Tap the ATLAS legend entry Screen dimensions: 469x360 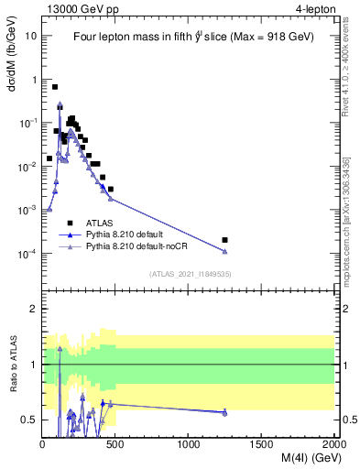[x=101, y=222]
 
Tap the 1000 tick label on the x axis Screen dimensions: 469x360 [x=189, y=444]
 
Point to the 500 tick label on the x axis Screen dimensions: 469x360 [x=115, y=444]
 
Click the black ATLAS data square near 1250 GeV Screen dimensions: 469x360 [x=224, y=240]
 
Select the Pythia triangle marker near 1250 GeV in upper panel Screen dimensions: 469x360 [x=224, y=252]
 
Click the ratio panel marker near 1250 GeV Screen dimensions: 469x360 [x=224, y=413]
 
